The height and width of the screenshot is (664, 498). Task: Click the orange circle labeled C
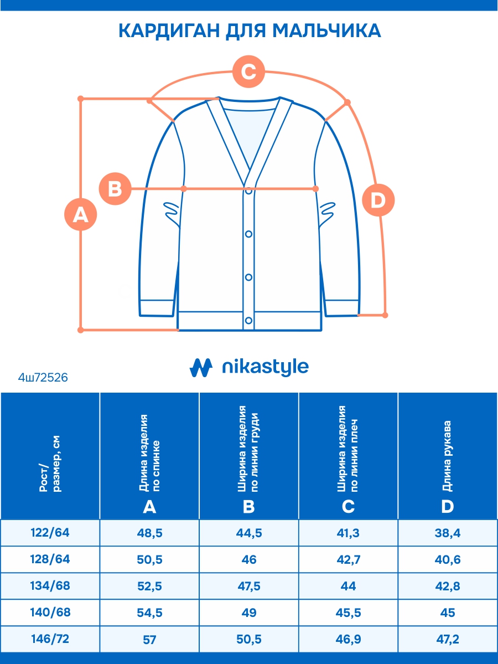(x=248, y=72)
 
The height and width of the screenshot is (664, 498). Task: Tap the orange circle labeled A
(x=81, y=214)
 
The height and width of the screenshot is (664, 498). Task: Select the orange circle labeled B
(x=115, y=189)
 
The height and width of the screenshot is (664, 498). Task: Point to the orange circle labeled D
(x=378, y=199)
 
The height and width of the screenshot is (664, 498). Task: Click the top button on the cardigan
(x=249, y=191)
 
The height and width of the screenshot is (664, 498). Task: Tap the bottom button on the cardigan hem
(x=249, y=320)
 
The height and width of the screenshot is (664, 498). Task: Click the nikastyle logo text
(x=264, y=367)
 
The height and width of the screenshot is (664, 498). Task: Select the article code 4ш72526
(x=43, y=378)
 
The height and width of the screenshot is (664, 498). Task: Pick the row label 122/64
(x=50, y=533)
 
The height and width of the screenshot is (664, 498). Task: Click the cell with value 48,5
(x=149, y=533)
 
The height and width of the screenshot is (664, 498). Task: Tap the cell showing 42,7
(x=349, y=560)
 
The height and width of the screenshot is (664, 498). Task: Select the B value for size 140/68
(x=249, y=613)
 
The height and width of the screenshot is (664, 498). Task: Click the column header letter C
(x=349, y=506)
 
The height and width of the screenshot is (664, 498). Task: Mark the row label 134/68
(x=50, y=586)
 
